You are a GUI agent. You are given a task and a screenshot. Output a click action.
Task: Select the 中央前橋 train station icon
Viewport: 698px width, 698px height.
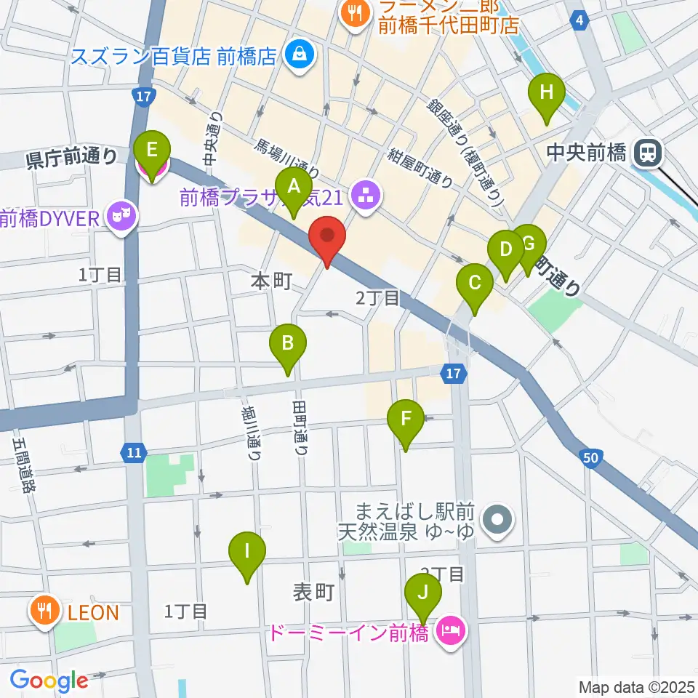click(x=644, y=153)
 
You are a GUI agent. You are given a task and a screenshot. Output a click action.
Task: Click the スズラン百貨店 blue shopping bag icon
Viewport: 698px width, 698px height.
click(x=298, y=55)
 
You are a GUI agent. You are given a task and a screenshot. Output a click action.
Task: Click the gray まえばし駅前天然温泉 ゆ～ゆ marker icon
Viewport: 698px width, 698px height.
click(x=498, y=521)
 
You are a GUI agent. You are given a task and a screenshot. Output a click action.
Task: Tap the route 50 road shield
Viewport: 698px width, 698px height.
click(x=590, y=457)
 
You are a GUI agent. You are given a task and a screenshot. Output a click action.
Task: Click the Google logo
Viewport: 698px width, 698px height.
click(x=49, y=681)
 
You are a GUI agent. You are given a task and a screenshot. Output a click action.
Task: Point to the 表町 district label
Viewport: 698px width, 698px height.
click(x=313, y=593)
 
